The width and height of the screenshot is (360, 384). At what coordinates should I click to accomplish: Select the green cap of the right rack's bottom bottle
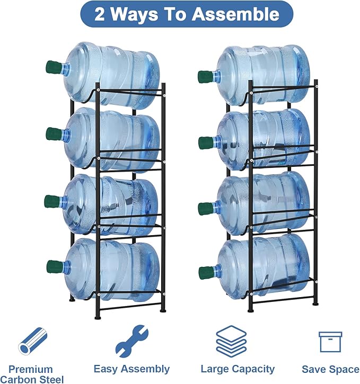(206, 272)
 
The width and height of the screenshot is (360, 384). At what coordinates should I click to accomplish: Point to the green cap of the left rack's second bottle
(54, 134)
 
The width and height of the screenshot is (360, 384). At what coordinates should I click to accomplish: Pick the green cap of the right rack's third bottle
(206, 208)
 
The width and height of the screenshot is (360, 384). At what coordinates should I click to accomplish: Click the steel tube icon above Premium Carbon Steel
(33, 340)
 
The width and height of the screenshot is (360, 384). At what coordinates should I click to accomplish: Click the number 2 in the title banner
(100, 14)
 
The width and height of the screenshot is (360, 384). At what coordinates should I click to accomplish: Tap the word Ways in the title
(136, 14)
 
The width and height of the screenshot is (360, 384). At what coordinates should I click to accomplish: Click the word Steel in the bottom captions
(51, 379)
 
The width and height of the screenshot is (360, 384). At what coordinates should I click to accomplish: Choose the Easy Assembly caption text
(131, 369)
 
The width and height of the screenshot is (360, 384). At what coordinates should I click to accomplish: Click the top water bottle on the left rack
(111, 70)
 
